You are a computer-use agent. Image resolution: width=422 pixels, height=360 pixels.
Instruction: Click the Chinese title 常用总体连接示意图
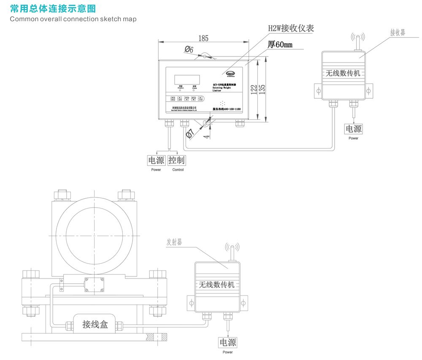[53, 8]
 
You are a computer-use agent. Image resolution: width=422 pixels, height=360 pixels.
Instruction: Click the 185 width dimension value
[203, 38]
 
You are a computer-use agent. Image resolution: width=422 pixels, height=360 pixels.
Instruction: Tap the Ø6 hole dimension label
[189, 50]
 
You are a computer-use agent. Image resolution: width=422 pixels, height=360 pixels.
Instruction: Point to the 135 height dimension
[262, 89]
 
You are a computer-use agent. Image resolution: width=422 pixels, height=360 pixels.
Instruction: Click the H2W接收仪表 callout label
[291, 28]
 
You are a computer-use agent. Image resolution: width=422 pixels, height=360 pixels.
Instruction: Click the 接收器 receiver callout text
[398, 32]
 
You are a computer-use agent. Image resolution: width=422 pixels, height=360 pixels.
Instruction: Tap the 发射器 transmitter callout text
[174, 242]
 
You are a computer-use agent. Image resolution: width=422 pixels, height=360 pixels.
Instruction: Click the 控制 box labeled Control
[176, 160]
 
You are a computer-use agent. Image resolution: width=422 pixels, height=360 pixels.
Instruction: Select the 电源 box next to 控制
[156, 160]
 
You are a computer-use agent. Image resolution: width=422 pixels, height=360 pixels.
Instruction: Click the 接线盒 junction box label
[95, 324]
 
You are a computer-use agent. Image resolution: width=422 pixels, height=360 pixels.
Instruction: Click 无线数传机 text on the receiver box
[343, 73]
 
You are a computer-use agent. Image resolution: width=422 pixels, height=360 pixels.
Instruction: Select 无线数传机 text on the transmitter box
[216, 284]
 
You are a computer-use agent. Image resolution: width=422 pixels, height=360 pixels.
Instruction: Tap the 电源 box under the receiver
[354, 129]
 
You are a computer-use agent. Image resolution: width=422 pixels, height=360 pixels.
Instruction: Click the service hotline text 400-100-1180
[227, 109]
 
